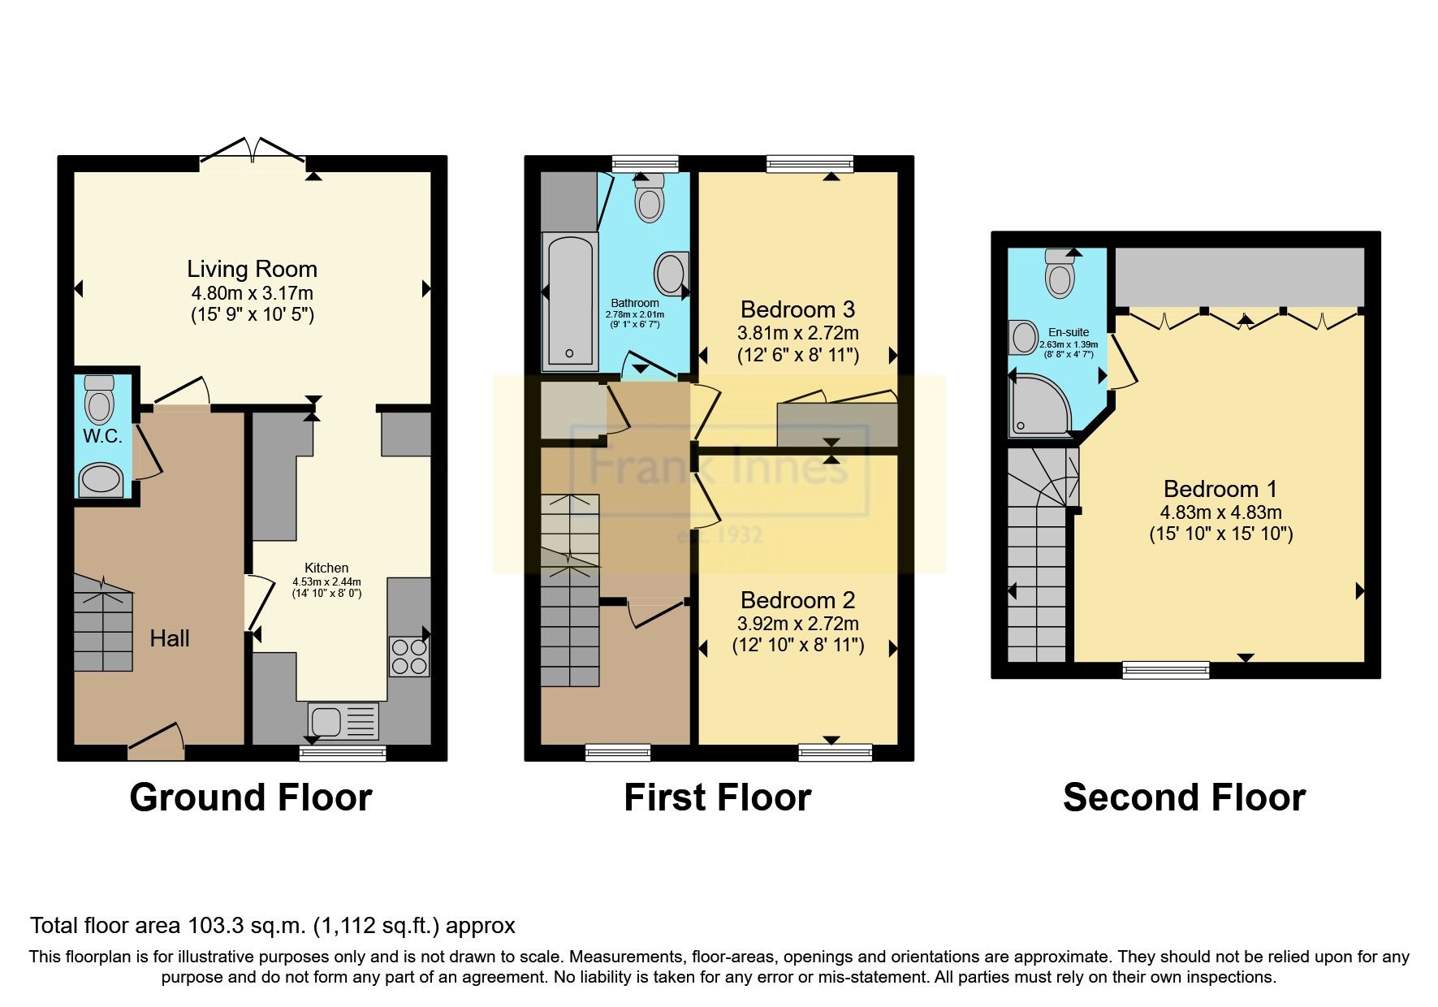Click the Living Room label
coord(252,269)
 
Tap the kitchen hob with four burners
coord(409,657)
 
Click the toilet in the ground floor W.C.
coord(100,400)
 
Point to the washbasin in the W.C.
coord(101,479)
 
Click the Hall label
coord(170,638)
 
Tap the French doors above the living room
coord(253,152)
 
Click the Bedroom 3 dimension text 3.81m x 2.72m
coord(797,333)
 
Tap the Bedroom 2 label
coord(797,600)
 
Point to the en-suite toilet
coord(1060,273)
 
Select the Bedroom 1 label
coord(1220,489)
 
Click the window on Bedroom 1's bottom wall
coord(1165,670)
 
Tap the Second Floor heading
coord(1184,797)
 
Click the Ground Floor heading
coord(251,797)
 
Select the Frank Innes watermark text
coord(718,467)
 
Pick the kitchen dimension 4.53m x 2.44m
coord(326,581)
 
